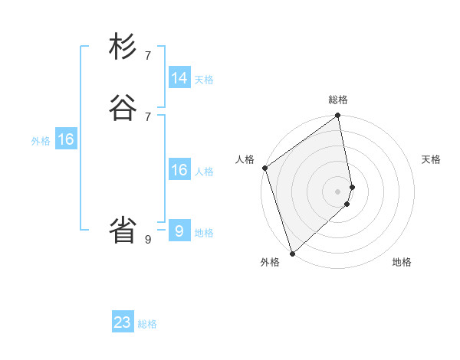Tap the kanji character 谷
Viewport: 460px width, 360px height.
[x=123, y=108]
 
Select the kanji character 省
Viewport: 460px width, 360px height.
[x=123, y=230]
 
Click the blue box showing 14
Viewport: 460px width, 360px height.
[x=179, y=78]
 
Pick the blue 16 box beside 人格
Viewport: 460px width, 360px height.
[x=179, y=170]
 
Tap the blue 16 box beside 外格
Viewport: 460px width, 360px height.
[x=66, y=139]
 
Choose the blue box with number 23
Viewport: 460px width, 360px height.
[x=123, y=322]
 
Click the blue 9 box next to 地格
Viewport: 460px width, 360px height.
[x=179, y=231]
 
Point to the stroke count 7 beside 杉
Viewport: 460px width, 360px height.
[x=148, y=55]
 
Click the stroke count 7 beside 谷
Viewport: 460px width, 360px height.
[x=148, y=116]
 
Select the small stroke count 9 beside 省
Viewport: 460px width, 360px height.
[x=148, y=239]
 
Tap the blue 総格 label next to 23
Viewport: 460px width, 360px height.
[x=148, y=324]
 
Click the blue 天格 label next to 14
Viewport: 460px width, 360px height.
[x=204, y=80]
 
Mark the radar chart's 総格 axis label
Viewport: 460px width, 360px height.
[x=338, y=100]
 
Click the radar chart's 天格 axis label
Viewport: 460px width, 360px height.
[x=431, y=159]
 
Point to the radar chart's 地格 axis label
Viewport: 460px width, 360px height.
[x=402, y=263]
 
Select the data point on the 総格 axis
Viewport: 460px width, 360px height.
[x=338, y=116]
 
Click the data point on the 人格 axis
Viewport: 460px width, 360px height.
[x=264, y=168]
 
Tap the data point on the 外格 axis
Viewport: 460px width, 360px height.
[x=292, y=253]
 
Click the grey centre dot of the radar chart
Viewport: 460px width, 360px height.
[x=338, y=191]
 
